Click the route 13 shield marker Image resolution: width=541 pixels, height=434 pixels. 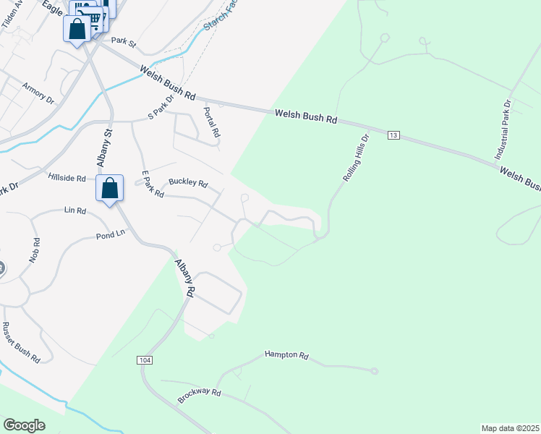(x=393, y=135)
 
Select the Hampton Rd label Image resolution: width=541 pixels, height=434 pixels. (x=286, y=355)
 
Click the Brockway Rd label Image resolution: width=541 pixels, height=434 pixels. (x=199, y=396)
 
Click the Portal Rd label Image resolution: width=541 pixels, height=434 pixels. (x=211, y=122)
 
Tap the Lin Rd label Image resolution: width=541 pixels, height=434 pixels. (x=75, y=210)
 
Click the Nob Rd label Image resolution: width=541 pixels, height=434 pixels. (x=34, y=249)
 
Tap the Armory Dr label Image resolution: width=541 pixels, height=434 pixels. (x=38, y=94)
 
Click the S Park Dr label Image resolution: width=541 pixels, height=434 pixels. (x=161, y=106)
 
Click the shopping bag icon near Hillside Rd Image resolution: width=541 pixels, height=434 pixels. (x=110, y=188)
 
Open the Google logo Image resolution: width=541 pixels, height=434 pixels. (x=24, y=425)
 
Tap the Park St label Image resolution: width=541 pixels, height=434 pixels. (x=124, y=42)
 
